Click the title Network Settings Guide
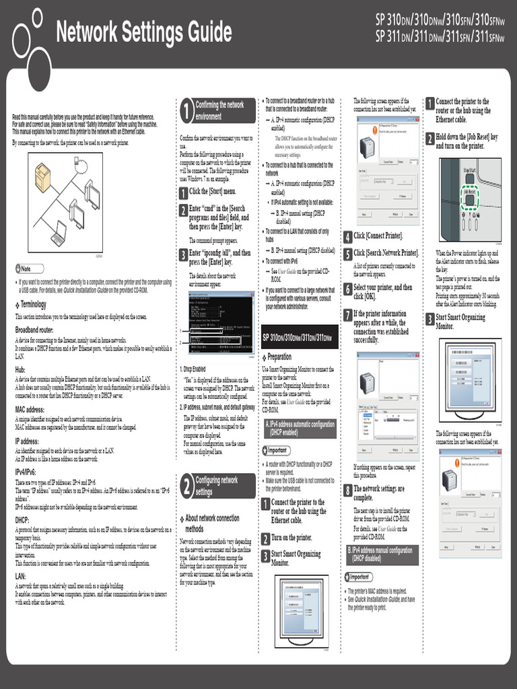143,32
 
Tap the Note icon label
26,268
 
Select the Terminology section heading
33,305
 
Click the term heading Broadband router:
34,330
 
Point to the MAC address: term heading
30,409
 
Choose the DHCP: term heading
22,519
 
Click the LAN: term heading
21,576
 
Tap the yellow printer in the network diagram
42,178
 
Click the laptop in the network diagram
59,233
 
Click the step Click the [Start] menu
212,192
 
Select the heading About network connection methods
212,523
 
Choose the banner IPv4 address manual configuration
382,554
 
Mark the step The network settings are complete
379,493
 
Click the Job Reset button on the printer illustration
469,192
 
